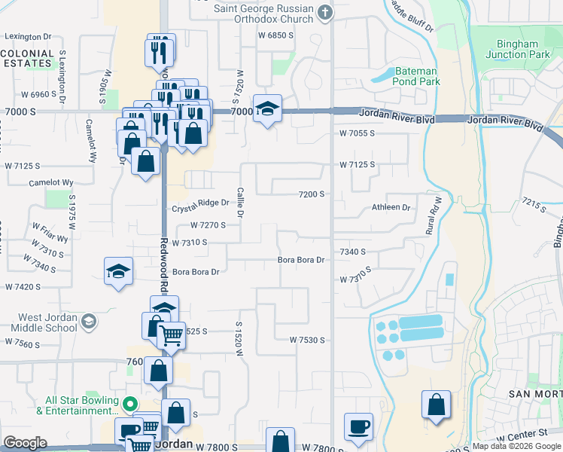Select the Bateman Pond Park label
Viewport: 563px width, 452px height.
pyautogui.click(x=416, y=76)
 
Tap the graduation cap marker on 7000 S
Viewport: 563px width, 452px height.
pyautogui.click(x=267, y=108)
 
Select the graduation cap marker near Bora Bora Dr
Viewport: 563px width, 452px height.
pyautogui.click(x=118, y=270)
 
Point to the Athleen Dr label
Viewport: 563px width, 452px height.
pyautogui.click(x=391, y=207)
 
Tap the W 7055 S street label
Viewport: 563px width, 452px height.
pyautogui.click(x=357, y=133)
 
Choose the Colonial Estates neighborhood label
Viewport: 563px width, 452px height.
pyautogui.click(x=27, y=59)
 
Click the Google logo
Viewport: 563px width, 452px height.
pyautogui.click(x=25, y=443)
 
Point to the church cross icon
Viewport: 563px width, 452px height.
pyautogui.click(x=325, y=11)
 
